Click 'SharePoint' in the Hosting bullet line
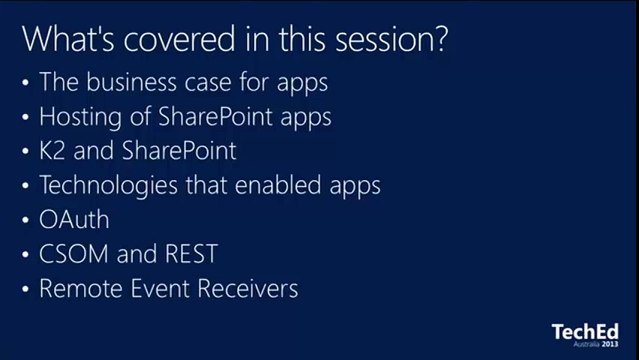click(205, 117)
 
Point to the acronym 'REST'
click(190, 255)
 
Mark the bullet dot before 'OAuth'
click(25, 221)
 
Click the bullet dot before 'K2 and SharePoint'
click(25, 152)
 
